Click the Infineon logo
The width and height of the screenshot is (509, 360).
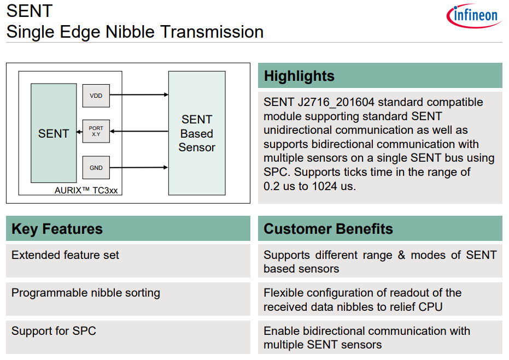pos(474,16)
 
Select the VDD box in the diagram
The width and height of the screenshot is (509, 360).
pos(96,96)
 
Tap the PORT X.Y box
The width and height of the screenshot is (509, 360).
pos(96,131)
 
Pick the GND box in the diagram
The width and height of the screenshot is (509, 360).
pos(96,168)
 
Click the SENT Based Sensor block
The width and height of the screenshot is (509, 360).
pos(197,133)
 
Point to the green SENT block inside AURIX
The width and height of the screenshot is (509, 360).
pos(54,134)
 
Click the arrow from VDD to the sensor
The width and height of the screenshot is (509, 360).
pos(139,95)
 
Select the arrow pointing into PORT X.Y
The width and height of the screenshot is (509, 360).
pos(139,131)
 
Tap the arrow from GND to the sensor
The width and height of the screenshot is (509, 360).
pos(139,168)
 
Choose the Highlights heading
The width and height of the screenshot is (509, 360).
pos(299,76)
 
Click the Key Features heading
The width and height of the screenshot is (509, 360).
pos(57,228)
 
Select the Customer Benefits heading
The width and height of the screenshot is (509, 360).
pos(328,228)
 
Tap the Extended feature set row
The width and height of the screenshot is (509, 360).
pos(65,255)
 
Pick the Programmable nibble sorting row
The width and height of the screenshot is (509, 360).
pos(86,293)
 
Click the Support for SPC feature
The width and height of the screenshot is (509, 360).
pos(54,331)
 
